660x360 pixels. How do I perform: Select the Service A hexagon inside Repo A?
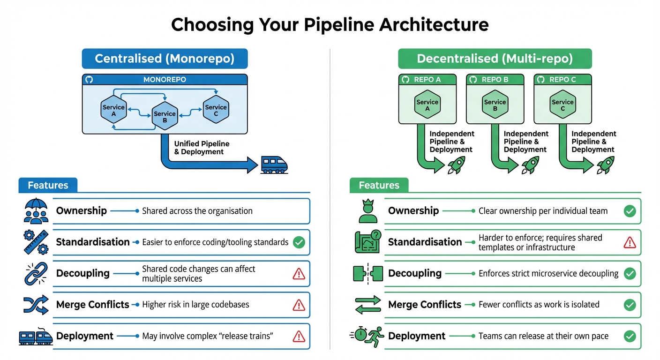pos(427,105)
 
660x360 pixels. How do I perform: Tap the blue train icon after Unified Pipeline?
pos(274,165)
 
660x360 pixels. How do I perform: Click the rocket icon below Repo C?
pos(605,165)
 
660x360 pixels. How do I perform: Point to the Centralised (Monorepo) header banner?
pos(165,59)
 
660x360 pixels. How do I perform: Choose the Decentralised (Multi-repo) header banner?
pos(495,59)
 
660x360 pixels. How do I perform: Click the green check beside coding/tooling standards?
pos(299,242)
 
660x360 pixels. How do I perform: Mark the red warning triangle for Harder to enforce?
pos(630,242)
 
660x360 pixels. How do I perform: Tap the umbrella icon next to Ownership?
pos(36,211)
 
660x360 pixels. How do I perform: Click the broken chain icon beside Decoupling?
pos(36,274)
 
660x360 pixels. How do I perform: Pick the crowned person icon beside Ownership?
pos(367,211)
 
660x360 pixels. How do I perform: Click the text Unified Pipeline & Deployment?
pos(202,148)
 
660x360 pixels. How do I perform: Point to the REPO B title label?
pos(495,79)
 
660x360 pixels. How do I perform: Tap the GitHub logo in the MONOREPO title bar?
pos(89,80)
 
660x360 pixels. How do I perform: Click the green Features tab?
pos(379,185)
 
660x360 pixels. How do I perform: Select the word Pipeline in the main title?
pos(330,24)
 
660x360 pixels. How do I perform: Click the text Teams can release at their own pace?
pos(543,336)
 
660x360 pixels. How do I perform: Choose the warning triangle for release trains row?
pos(299,336)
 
